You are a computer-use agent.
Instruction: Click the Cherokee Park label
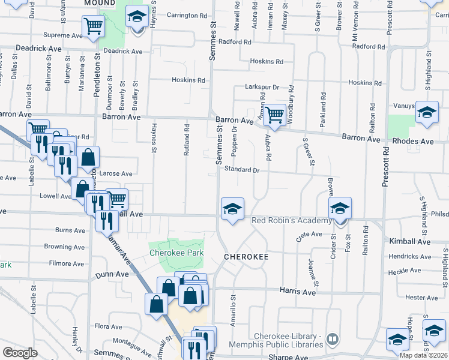click(176, 253)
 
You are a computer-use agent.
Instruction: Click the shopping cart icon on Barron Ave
click(274, 114)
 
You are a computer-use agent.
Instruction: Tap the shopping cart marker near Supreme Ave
click(93, 26)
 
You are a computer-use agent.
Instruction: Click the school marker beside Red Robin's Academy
click(340, 209)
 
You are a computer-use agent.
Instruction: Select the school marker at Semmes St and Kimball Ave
click(232, 209)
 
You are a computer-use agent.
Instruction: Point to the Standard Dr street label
click(241, 170)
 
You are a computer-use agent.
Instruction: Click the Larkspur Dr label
click(262, 87)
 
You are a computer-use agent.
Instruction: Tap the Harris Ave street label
click(298, 292)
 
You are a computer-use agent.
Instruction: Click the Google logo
click(20, 353)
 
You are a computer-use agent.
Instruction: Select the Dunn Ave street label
click(112, 274)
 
